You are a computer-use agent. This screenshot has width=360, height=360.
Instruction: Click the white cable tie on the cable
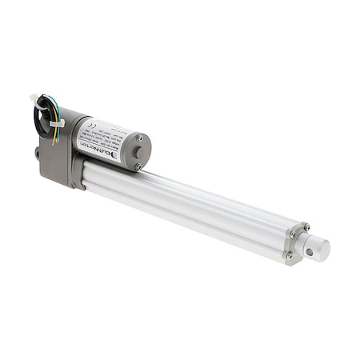55,124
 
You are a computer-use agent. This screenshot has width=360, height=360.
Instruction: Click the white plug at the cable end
34,97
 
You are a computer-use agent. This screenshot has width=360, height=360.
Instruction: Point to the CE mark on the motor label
89,128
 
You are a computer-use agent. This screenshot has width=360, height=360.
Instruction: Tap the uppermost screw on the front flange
306,227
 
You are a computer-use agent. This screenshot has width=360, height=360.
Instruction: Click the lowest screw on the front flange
289,256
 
